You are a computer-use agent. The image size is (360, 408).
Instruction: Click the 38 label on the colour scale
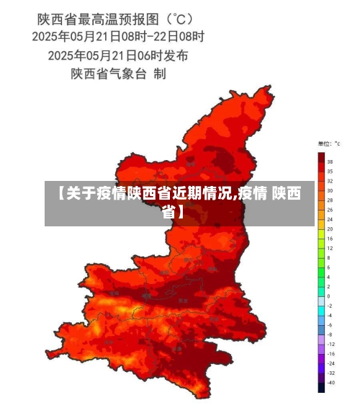click(330, 162)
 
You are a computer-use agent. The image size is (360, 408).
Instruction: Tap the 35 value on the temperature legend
click(330, 172)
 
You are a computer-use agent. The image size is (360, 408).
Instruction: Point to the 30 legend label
click(330, 190)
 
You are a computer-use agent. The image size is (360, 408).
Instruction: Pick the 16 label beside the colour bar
click(330, 238)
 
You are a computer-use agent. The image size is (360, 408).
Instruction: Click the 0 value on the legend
click(329, 296)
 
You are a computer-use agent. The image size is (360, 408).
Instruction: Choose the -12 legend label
click(330, 343)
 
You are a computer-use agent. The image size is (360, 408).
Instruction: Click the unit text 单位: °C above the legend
click(329, 144)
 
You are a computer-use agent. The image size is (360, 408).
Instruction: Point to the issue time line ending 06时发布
click(119, 54)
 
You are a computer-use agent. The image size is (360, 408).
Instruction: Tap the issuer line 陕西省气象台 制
click(119, 73)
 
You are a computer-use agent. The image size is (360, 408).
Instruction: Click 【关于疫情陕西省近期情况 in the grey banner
click(144, 194)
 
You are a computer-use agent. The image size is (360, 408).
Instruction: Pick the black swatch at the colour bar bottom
click(321, 387)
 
